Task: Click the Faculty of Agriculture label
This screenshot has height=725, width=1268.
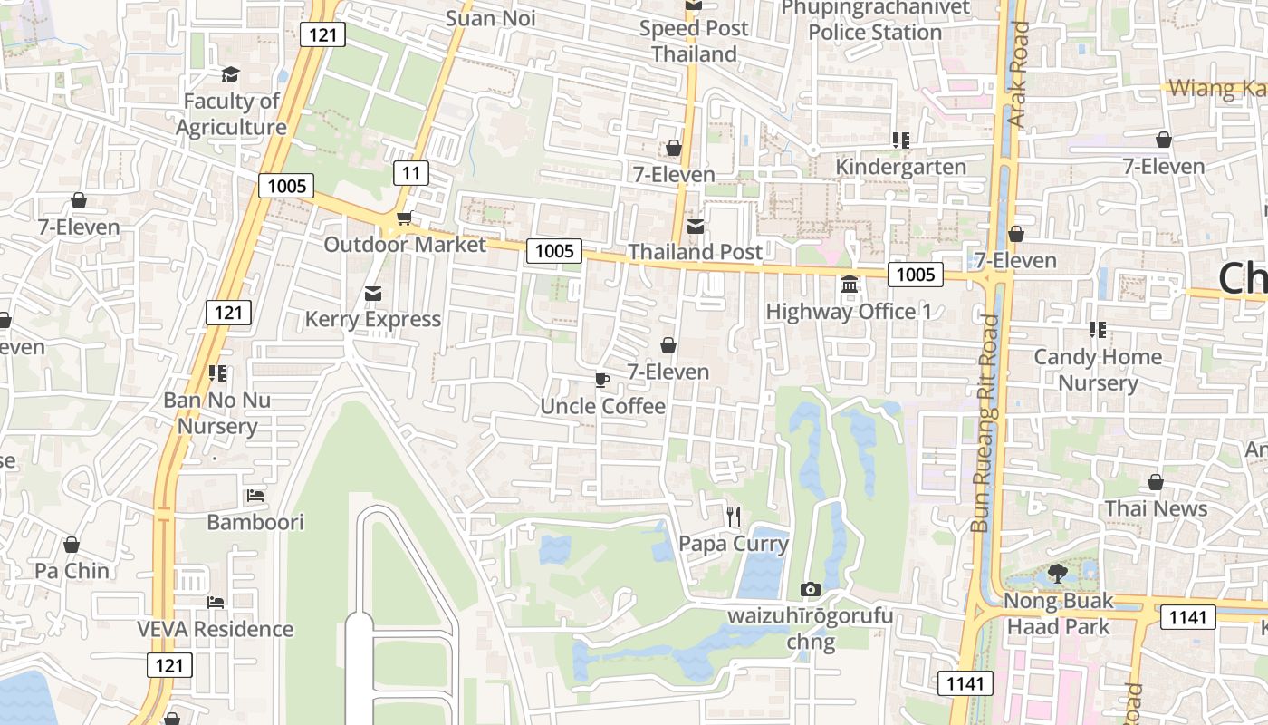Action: (x=231, y=114)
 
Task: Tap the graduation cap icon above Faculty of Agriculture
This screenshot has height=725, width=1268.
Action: (x=231, y=74)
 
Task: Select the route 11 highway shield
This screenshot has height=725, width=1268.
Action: (x=411, y=173)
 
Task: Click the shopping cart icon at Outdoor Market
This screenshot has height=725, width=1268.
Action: (x=405, y=218)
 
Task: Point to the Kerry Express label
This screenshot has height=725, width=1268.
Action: (x=372, y=319)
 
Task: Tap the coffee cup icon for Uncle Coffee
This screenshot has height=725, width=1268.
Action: (x=602, y=380)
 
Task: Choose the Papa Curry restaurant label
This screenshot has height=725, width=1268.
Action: (x=734, y=544)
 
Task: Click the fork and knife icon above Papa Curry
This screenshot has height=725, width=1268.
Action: (x=734, y=517)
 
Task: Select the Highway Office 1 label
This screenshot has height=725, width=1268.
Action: (x=849, y=312)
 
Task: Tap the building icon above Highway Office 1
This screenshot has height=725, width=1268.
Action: (x=850, y=285)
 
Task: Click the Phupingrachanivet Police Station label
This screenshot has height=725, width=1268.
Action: (x=875, y=20)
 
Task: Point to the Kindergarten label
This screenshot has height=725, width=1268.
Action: (x=900, y=167)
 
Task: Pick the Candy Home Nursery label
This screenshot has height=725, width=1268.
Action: (x=1098, y=370)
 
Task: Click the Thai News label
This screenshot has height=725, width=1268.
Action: (x=1156, y=508)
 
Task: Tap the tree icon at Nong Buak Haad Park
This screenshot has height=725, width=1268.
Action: (x=1057, y=573)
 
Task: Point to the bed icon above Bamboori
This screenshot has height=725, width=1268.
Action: (x=255, y=496)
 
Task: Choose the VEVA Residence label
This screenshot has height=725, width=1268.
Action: (x=216, y=629)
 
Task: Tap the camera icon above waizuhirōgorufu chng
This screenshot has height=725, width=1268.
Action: (x=811, y=590)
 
